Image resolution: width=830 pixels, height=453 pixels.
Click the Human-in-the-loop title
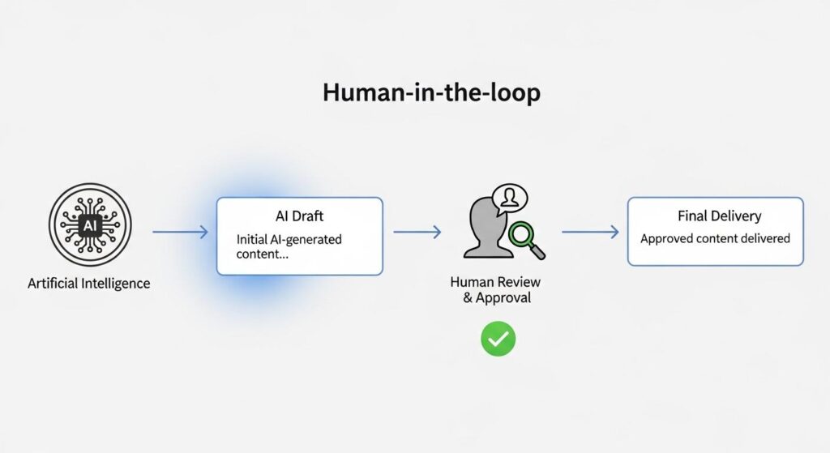click(431, 92)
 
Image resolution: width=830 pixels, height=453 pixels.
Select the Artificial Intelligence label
click(88, 284)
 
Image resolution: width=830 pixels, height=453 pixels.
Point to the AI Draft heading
click(299, 216)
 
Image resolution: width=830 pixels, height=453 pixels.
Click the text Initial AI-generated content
click(289, 246)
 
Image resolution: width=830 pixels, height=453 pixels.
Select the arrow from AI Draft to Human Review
click(417, 233)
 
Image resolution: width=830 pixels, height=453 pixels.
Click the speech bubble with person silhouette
click(508, 196)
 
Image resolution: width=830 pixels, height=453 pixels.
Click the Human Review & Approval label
click(495, 290)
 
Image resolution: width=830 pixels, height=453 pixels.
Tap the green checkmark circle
click(498, 339)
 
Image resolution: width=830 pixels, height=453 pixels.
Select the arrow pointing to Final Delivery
click(590, 233)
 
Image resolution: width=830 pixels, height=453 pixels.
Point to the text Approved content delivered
click(715, 239)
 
